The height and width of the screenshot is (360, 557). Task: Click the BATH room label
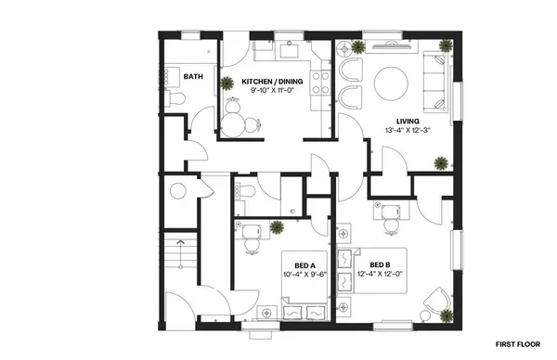194,77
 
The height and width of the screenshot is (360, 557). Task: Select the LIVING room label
407,122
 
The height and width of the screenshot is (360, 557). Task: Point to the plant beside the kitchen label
227,83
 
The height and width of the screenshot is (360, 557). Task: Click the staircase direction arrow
182,242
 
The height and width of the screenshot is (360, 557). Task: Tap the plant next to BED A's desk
276,226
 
